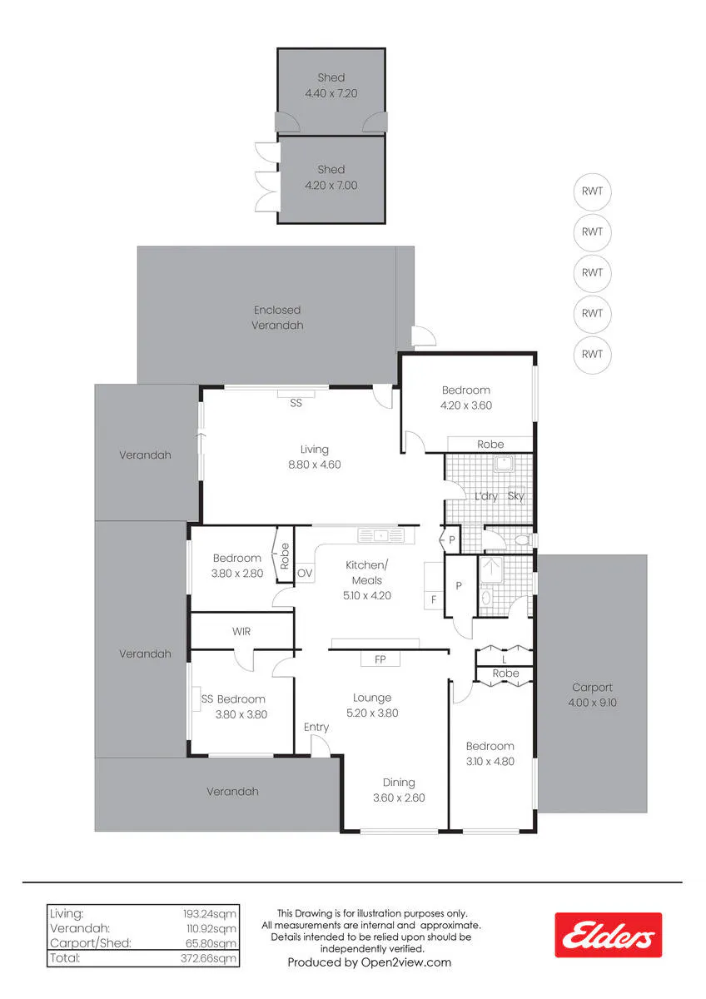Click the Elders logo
click(608, 935)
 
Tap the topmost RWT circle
click(592, 191)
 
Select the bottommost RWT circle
click(592, 355)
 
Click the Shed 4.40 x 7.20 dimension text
click(331, 93)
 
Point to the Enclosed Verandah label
click(277, 317)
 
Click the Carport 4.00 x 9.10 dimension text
click(592, 703)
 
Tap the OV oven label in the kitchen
click(305, 573)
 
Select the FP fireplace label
click(380, 659)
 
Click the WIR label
click(241, 632)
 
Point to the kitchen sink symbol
click(380, 535)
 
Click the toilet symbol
click(523, 540)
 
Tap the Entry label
click(316, 728)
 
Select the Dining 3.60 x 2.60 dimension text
click(399, 798)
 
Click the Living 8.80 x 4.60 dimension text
click(315, 465)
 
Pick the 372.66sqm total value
click(208, 958)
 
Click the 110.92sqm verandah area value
click(211, 928)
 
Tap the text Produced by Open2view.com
click(370, 962)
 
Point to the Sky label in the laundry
click(515, 496)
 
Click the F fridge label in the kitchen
click(434, 600)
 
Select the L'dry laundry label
click(485, 496)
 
